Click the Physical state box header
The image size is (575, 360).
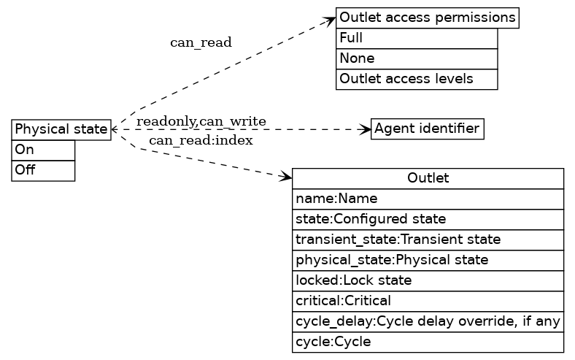coord(61,129)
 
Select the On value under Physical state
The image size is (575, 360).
coord(43,150)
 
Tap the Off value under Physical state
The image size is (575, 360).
coord(43,170)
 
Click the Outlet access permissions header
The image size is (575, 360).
coord(427,18)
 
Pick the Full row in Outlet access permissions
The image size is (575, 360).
coord(416,38)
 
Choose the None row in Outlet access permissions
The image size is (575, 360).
coord(416,58)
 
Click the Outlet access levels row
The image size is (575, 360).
coord(416,79)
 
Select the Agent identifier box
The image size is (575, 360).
coord(427,129)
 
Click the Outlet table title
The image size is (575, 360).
coord(428,178)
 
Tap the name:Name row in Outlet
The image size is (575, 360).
coord(428,199)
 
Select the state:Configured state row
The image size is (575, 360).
coord(428,219)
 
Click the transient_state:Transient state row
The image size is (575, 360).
coord(428,240)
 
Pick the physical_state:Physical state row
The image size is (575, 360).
coord(428,260)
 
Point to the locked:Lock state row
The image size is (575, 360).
coord(428,280)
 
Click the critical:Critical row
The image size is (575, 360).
coord(428,301)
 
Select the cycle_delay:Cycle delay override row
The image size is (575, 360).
coord(428,321)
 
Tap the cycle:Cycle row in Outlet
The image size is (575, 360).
coord(428,342)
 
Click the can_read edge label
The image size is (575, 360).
coord(201,42)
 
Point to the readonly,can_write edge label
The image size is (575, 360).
coord(201,121)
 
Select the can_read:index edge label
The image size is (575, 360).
coord(201,140)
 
